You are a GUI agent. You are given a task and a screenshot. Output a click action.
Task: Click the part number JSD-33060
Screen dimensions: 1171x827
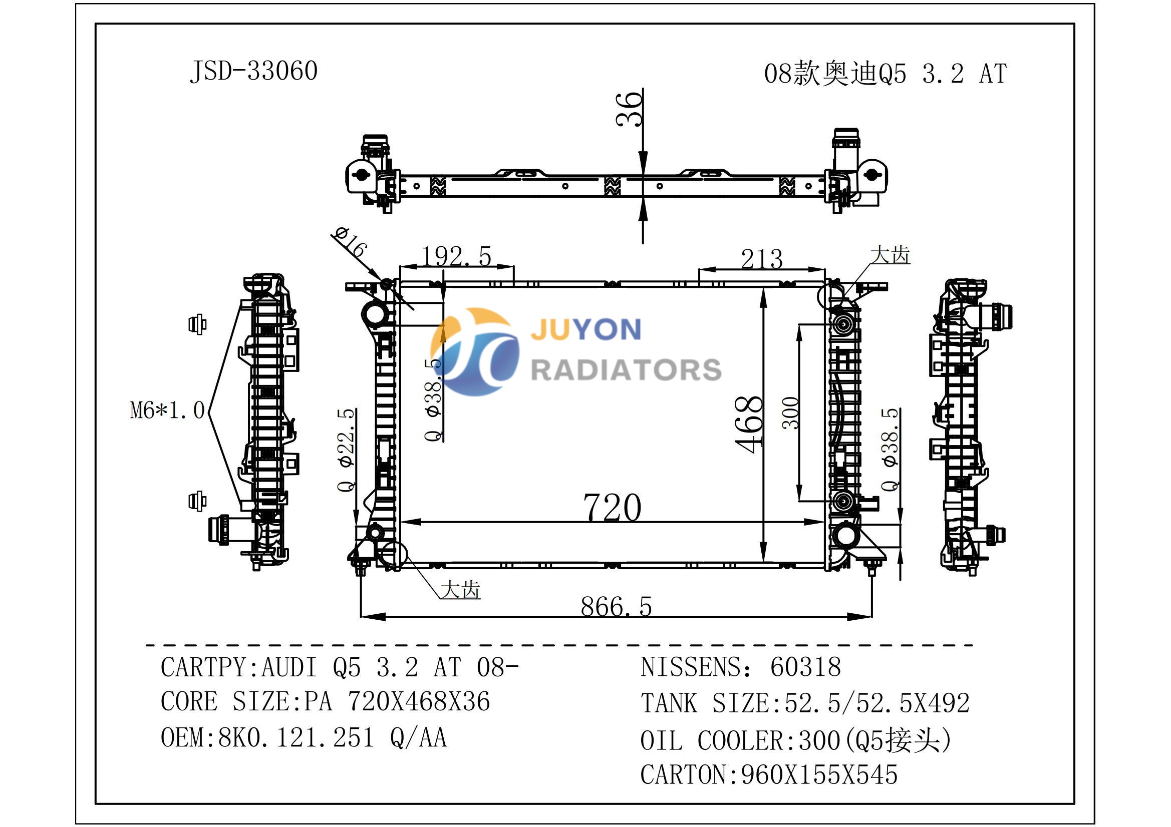253,71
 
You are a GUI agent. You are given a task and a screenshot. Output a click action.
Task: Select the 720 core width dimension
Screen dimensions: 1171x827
612,507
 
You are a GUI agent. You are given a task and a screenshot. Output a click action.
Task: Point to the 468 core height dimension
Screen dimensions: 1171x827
749,424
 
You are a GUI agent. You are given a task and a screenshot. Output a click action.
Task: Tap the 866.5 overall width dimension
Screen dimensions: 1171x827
616,607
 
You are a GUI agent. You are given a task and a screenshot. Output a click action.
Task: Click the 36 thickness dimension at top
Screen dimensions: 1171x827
629,109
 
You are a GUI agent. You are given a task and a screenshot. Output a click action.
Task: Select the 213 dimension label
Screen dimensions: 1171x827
761,258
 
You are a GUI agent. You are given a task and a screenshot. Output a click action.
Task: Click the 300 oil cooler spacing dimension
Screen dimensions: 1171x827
790,412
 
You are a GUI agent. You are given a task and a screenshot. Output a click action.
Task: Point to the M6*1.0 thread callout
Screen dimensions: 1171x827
167,410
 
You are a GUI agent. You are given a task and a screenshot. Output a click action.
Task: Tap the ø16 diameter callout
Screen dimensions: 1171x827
350,242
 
